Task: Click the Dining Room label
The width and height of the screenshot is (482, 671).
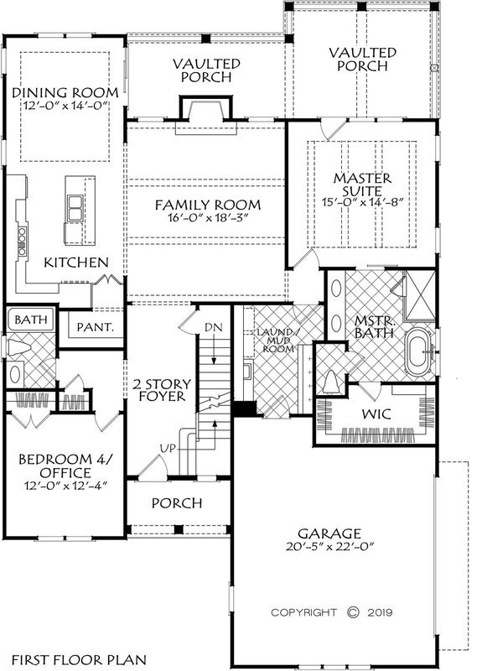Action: click(x=63, y=91)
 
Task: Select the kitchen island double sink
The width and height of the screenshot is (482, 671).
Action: click(x=75, y=202)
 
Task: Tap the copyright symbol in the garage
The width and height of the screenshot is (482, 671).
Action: click(x=353, y=611)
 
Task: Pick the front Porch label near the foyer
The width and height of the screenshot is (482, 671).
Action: click(x=177, y=503)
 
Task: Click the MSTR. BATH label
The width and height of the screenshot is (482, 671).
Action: click(x=365, y=328)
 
